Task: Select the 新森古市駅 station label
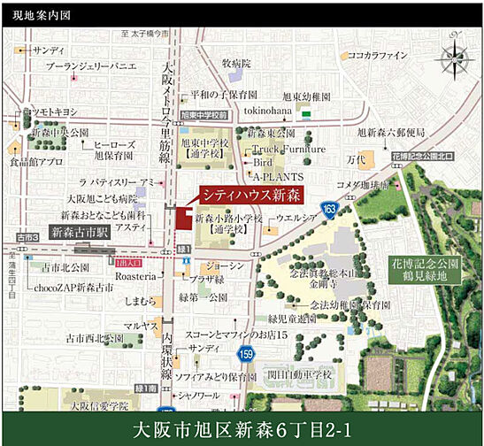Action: point(80,233)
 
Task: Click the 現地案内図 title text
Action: point(36,15)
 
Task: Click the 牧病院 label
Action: point(236,64)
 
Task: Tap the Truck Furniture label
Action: point(288,150)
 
